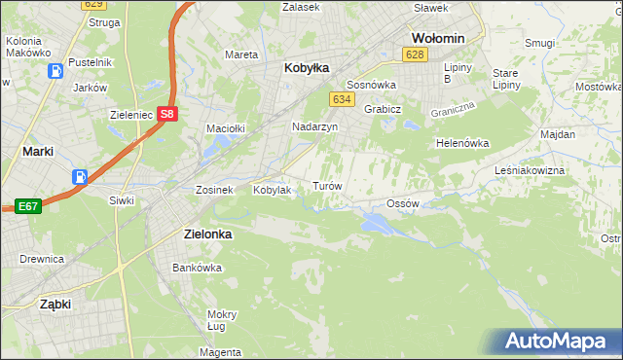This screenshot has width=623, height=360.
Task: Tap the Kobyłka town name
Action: (x=307, y=68)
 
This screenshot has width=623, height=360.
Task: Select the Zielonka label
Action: (x=213, y=234)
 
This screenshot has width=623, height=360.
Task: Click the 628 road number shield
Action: (x=416, y=54)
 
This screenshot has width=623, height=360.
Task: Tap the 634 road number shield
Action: (x=341, y=99)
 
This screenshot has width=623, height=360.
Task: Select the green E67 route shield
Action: (x=26, y=206)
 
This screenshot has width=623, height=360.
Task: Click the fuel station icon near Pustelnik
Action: (x=57, y=71)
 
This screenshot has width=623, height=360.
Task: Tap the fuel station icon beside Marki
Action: (x=79, y=177)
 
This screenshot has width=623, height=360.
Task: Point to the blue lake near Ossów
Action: (x=378, y=225)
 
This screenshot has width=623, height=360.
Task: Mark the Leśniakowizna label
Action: (x=557, y=169)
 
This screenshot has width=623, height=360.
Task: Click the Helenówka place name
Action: (x=461, y=143)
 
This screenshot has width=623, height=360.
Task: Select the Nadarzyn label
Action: (x=314, y=127)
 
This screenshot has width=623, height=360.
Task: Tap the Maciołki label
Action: (x=225, y=127)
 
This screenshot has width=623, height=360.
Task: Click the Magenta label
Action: (x=221, y=351)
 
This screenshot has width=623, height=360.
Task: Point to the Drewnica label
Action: (x=42, y=259)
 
